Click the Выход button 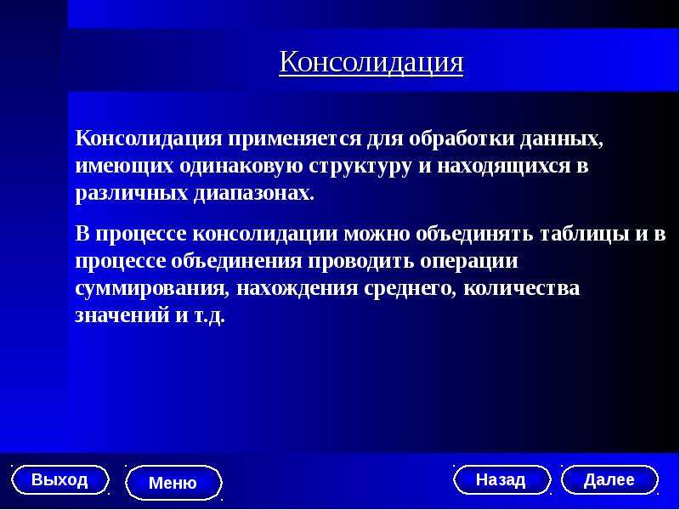[59, 480]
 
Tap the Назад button [501, 479]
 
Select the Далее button [609, 479]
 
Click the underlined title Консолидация [371, 62]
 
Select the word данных [562, 139]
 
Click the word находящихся [503, 167]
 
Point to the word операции [469, 262]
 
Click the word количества [521, 289]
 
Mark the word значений [122, 315]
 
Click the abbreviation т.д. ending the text [207, 316]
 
